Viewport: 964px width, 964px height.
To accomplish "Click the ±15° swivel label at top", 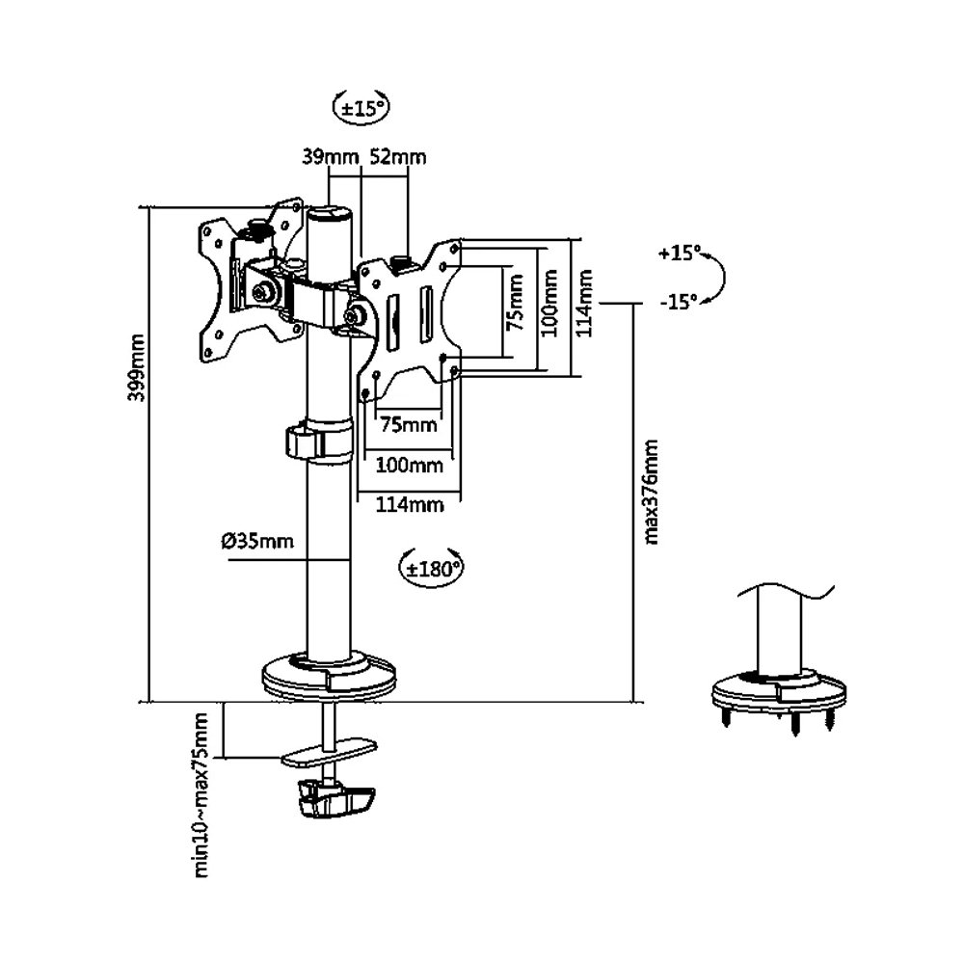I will click(x=361, y=107).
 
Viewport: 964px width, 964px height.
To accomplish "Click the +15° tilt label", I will click(x=681, y=254).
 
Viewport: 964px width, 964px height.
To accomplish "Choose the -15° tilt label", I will click(x=679, y=302).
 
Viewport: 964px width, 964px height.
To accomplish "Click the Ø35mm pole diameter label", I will click(x=256, y=541).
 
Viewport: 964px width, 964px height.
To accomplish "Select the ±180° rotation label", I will click(x=431, y=568).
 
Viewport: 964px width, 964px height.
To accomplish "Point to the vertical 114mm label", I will click(x=583, y=302).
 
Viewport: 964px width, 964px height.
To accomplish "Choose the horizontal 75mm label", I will click(x=405, y=424).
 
